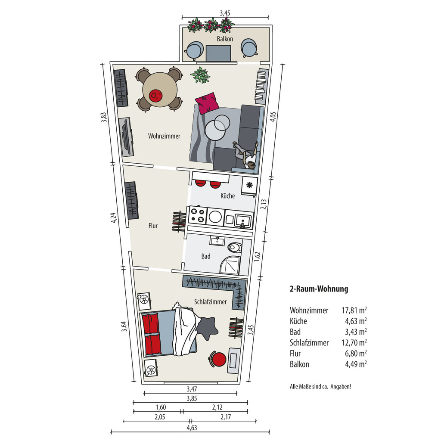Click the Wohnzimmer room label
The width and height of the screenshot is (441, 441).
point(164,136)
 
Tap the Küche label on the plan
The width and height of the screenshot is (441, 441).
point(227,196)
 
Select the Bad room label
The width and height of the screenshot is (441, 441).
point(206,256)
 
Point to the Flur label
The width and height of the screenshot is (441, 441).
point(153,226)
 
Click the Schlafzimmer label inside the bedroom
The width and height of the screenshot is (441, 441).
point(210,302)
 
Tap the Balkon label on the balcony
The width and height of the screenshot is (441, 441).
point(225,39)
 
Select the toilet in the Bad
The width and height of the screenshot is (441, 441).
point(235,248)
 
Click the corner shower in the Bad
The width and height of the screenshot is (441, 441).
point(230,265)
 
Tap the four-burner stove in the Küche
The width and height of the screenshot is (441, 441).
point(197,215)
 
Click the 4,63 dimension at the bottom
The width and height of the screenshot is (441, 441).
point(192,428)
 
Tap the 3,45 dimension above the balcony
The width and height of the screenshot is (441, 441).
point(225,13)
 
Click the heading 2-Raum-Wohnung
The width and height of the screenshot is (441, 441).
point(319,289)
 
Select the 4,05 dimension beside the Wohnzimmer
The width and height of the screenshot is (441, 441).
point(273,117)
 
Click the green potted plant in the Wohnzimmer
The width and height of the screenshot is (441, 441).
point(200,75)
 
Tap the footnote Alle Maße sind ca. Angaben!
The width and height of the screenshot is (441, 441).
point(320,386)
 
